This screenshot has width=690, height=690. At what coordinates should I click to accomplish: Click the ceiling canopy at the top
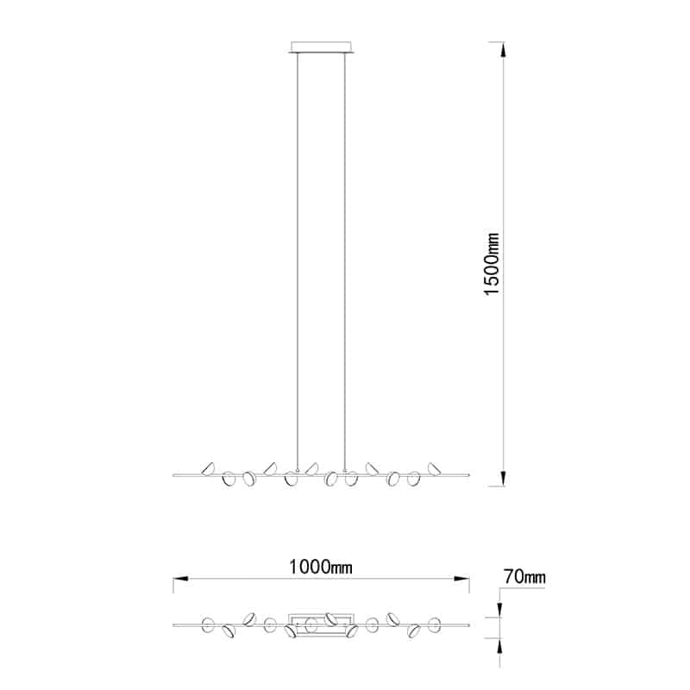pyautogui.click(x=323, y=47)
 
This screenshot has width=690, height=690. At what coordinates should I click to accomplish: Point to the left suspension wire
pyautogui.click(x=298, y=259)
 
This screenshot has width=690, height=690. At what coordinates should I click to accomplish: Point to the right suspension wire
pyautogui.click(x=347, y=259)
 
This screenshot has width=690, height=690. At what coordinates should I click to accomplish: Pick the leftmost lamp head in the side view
pyautogui.click(x=208, y=468)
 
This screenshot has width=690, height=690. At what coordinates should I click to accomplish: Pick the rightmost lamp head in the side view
pyautogui.click(x=434, y=468)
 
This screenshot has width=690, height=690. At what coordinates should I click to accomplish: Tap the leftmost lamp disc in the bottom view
pyautogui.click(x=208, y=624)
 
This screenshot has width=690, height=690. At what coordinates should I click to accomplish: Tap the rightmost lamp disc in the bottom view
pyautogui.click(x=435, y=624)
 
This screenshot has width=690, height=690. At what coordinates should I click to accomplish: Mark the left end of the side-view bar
pyautogui.click(x=175, y=474)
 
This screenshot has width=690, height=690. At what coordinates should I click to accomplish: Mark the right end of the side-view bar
pyautogui.click(x=469, y=474)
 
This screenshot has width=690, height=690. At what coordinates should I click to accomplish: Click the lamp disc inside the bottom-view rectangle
pyautogui.click(x=311, y=624)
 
